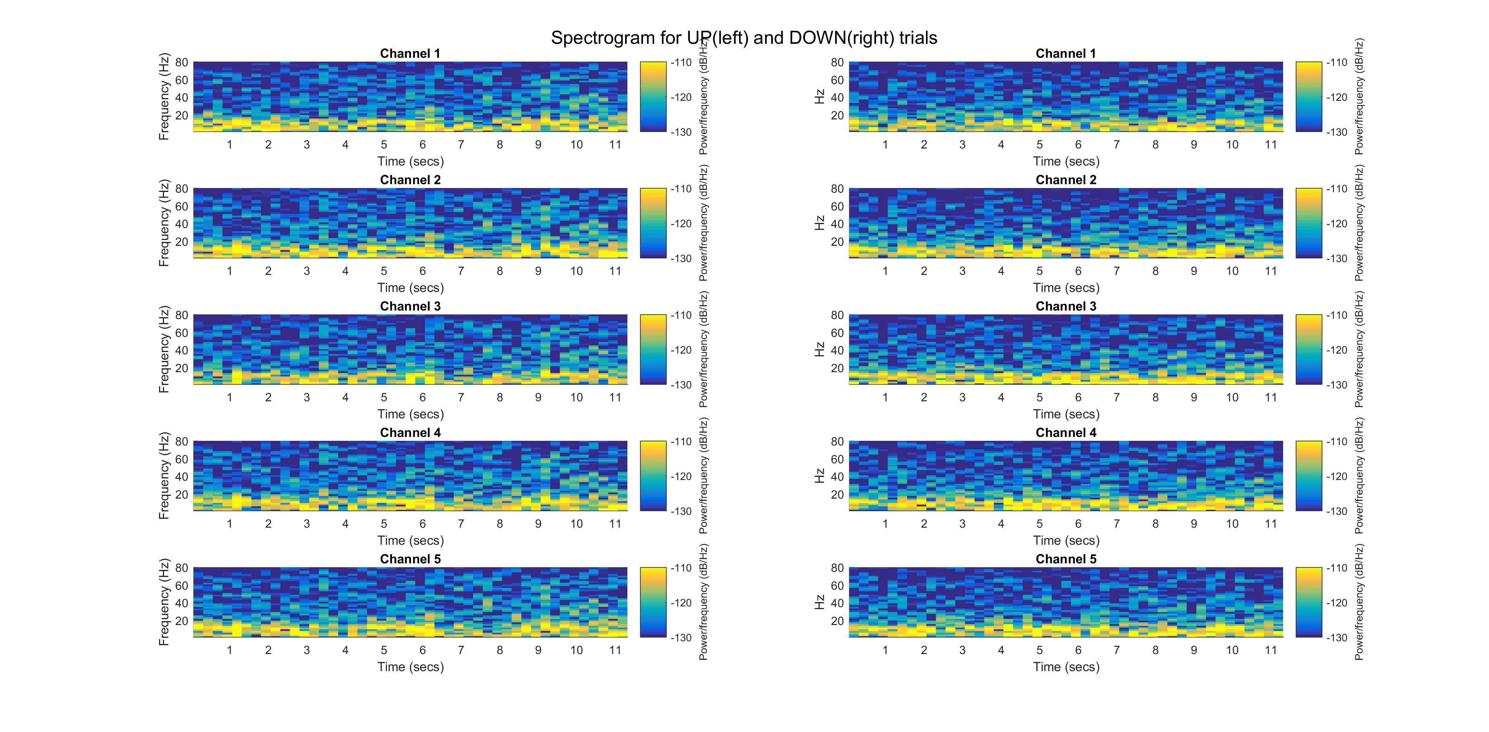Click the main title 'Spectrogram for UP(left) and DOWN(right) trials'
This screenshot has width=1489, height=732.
744,38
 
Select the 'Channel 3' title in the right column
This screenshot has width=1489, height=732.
1065,306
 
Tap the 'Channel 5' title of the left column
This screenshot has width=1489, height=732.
410,559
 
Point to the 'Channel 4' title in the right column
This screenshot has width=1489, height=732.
1065,433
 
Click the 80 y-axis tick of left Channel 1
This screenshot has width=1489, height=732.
181,62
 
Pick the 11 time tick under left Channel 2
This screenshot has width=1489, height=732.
615,271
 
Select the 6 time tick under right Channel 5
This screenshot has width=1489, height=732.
1078,650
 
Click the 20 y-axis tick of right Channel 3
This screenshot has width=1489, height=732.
837,368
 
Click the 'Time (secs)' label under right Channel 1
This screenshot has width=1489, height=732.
1066,162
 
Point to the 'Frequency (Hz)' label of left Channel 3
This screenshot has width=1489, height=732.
164,350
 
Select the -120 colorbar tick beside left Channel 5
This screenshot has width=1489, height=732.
681,603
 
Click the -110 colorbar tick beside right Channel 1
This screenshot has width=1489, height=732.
1336,62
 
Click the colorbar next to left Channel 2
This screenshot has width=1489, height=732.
653,223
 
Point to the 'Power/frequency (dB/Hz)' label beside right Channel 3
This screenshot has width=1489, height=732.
1359,350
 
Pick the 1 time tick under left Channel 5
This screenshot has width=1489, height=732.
230,650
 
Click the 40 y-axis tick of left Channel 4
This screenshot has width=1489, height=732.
181,476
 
